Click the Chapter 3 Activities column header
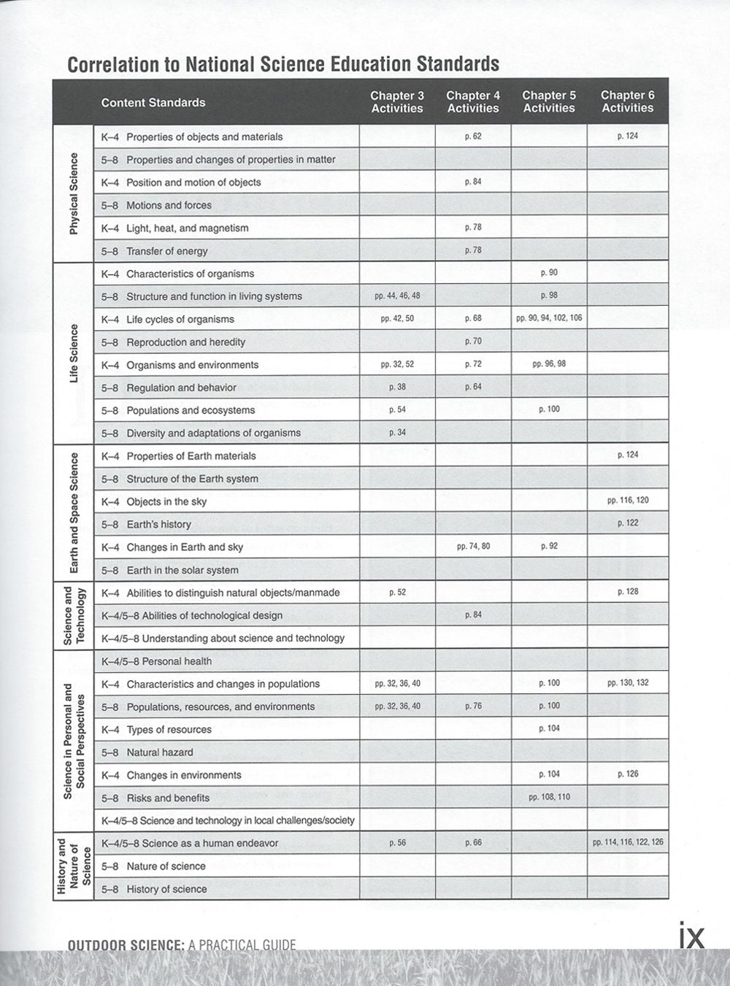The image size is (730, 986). pyautogui.click(x=397, y=102)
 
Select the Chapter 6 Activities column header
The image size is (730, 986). pyautogui.click(x=627, y=101)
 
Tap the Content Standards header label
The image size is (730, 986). pyautogui.click(x=153, y=103)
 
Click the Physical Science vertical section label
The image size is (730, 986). pyautogui.click(x=73, y=193)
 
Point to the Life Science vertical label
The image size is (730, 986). pyautogui.click(x=73, y=353)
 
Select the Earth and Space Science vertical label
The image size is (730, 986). pyautogui.click(x=74, y=512)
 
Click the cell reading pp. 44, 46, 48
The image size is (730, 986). pyautogui.click(x=397, y=296)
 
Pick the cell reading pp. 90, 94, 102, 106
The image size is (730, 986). pyautogui.click(x=549, y=318)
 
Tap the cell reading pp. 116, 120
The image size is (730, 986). pyautogui.click(x=627, y=501)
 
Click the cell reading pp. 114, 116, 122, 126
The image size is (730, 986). pyautogui.click(x=627, y=842)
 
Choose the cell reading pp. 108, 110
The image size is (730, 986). pyautogui.click(x=549, y=797)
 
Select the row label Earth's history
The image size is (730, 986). pyautogui.click(x=158, y=524)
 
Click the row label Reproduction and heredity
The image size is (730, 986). pyautogui.click(x=185, y=342)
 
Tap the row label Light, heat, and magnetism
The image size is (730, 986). pyautogui.click(x=187, y=228)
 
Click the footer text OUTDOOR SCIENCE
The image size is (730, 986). pyautogui.click(x=125, y=946)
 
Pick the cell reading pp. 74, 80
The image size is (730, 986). pyautogui.click(x=473, y=546)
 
